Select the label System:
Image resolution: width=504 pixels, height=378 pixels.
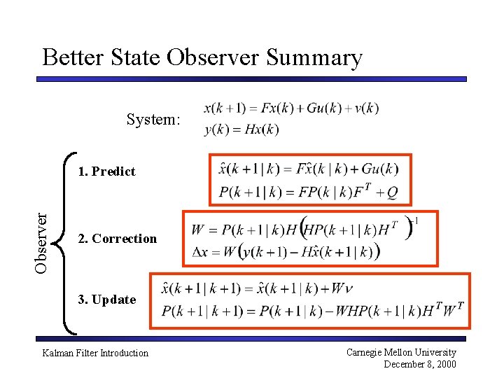point(153,120)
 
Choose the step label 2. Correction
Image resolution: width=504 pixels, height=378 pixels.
point(117,239)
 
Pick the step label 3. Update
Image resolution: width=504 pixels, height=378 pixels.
point(106,300)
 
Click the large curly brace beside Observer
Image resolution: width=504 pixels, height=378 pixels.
point(68,241)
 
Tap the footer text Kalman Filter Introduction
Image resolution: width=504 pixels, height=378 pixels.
point(95,353)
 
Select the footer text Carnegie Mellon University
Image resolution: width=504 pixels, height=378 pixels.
point(401,352)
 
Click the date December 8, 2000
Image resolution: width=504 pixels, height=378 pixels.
point(419,364)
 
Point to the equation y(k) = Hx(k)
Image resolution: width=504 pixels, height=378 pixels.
point(241,129)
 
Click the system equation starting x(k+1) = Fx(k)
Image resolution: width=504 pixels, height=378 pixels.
point(290,108)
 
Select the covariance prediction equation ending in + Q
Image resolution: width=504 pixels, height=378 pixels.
point(309,190)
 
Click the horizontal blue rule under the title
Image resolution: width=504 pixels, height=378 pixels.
point(251,79)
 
